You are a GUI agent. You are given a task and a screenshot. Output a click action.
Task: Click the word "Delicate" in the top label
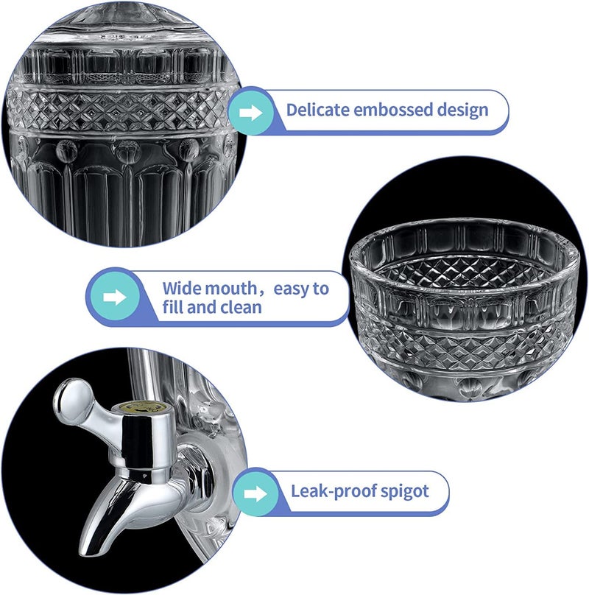click(x=317, y=110)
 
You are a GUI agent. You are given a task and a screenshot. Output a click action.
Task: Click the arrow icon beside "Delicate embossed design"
click(x=250, y=113)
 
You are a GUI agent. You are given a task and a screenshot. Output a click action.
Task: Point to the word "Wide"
click(x=179, y=289)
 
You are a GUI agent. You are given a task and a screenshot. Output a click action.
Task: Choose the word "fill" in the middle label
click(x=172, y=307)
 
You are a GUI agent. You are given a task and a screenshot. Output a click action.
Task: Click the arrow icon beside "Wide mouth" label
click(x=115, y=297)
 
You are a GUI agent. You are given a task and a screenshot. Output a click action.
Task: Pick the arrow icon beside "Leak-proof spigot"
click(x=255, y=494)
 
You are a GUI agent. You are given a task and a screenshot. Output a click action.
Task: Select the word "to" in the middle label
click(x=321, y=289)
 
